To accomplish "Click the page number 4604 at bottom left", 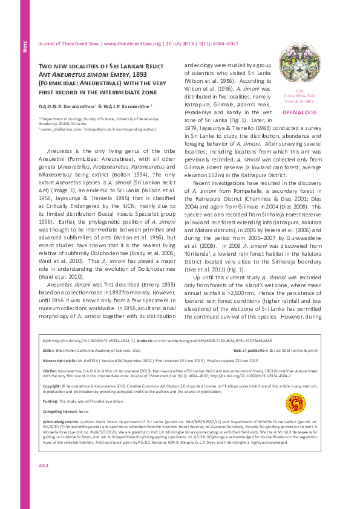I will pyautogui.click(x=44, y=482).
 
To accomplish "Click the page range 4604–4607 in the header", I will pyautogui.click(x=225, y=44).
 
